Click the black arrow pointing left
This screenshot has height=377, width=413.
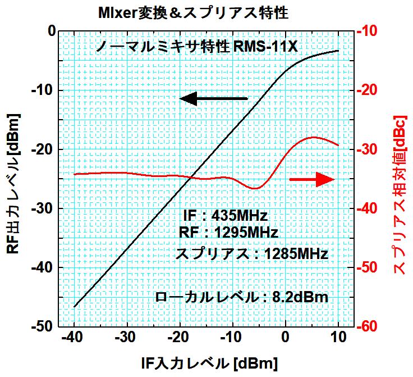214,99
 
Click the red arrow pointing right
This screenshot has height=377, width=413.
312,179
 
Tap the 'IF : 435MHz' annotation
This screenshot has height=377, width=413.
226,216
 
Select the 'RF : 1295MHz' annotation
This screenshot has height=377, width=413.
228,231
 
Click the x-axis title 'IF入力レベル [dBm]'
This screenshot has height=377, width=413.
208,362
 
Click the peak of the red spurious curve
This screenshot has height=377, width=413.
313,137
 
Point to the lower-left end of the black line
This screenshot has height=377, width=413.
75,307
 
